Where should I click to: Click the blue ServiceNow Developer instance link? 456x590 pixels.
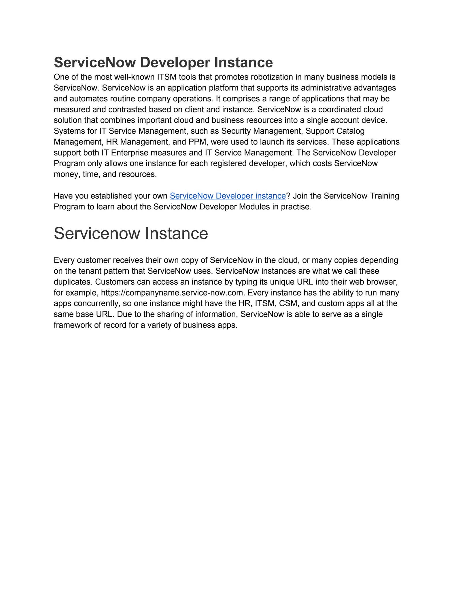click(x=228, y=196)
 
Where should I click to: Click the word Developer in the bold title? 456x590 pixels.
click(x=176, y=63)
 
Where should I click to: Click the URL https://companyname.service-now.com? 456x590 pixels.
click(x=173, y=293)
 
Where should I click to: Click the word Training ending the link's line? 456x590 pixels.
click(x=384, y=196)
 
